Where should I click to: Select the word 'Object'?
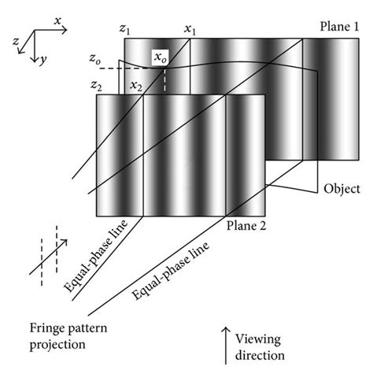[x=342, y=189]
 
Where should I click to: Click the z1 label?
[x=124, y=29]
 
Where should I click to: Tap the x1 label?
[x=190, y=29]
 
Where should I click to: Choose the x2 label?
[x=136, y=85]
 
